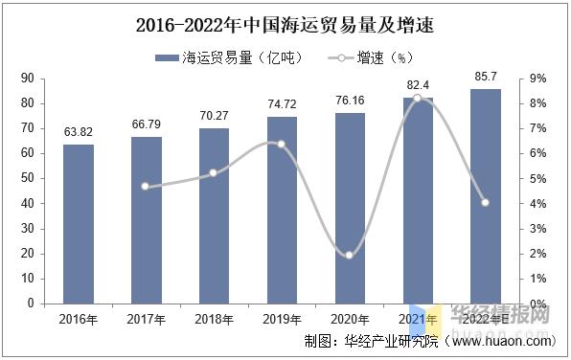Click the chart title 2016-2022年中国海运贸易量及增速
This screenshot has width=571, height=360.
pyautogui.click(x=285, y=20)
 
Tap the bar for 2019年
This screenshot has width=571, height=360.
pyautogui.click(x=283, y=210)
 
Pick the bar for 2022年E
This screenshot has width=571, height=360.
pyautogui.click(x=487, y=196)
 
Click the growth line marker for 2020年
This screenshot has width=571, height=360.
pyautogui.click(x=350, y=255)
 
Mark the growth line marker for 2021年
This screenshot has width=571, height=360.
pyautogui.click(x=418, y=98)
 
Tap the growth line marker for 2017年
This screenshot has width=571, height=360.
pyautogui.click(x=146, y=186)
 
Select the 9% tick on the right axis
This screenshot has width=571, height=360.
pyautogui.click(x=537, y=79)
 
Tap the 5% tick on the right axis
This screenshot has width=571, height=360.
pyautogui.click(x=537, y=179)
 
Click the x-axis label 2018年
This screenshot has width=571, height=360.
pyautogui.click(x=215, y=318)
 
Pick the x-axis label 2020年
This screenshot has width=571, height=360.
pyautogui.click(x=351, y=318)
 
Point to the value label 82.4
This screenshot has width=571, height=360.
pyautogui.click(x=418, y=85)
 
